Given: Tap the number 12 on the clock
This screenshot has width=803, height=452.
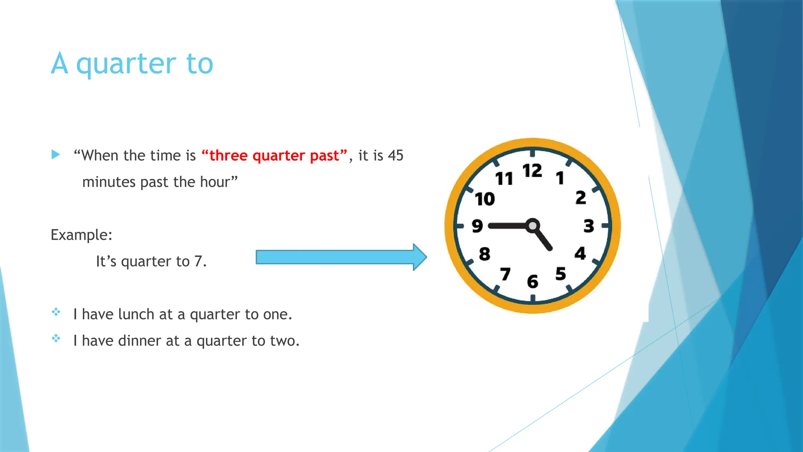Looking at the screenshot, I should [x=532, y=171].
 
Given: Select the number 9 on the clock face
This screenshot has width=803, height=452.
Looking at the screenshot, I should [x=477, y=226].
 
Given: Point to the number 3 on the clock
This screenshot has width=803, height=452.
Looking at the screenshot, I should [x=589, y=226].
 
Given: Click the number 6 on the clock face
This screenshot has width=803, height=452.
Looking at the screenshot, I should [x=532, y=281].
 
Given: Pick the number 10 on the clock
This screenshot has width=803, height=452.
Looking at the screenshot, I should [x=485, y=199].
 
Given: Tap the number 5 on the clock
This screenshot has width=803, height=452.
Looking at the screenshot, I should [x=561, y=273].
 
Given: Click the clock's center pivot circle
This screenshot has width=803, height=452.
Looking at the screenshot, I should [x=532, y=226].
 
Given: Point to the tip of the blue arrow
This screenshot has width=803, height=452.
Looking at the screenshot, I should [x=426, y=257].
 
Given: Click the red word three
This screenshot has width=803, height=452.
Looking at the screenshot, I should [x=228, y=156].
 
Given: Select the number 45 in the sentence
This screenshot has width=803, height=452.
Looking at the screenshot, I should [x=395, y=156].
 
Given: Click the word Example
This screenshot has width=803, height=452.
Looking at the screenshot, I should [x=81, y=235].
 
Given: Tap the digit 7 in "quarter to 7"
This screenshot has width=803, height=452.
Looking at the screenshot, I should [x=198, y=261].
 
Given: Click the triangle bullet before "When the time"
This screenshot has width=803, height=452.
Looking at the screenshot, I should [x=56, y=155].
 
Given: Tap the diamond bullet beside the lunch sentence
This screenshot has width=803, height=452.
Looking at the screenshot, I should [x=56, y=312].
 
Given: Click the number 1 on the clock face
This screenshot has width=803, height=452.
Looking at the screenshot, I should [x=560, y=178].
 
